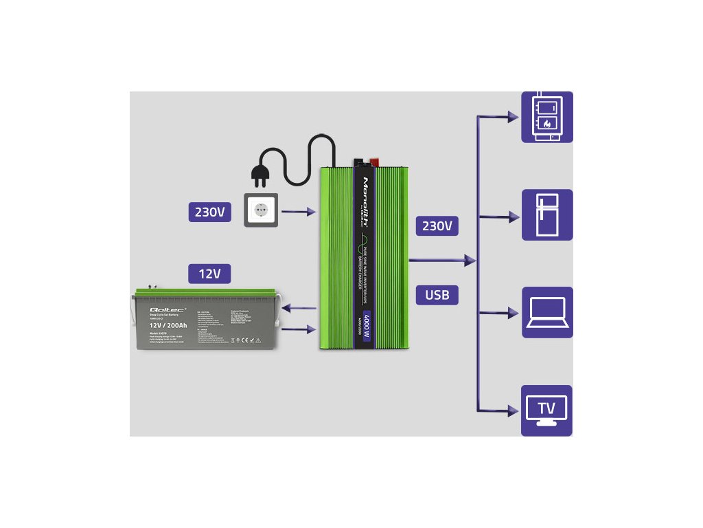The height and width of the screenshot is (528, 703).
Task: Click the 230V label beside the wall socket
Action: coord(209,212)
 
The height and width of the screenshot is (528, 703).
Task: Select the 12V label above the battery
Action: coord(209,274)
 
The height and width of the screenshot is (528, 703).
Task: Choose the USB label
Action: coord(437,295)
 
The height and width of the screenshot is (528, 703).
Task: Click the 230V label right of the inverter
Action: coord(437,225)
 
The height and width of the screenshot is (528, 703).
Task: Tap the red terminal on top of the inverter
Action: coord(376,164)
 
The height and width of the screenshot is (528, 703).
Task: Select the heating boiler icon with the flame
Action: coord(546,117)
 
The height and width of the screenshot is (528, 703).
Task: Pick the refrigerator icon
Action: coord(546,214)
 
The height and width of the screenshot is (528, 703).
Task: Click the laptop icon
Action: coord(546,312)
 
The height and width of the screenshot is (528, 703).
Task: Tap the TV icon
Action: coord(546,410)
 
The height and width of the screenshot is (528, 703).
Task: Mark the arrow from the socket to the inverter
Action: coord(299,212)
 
